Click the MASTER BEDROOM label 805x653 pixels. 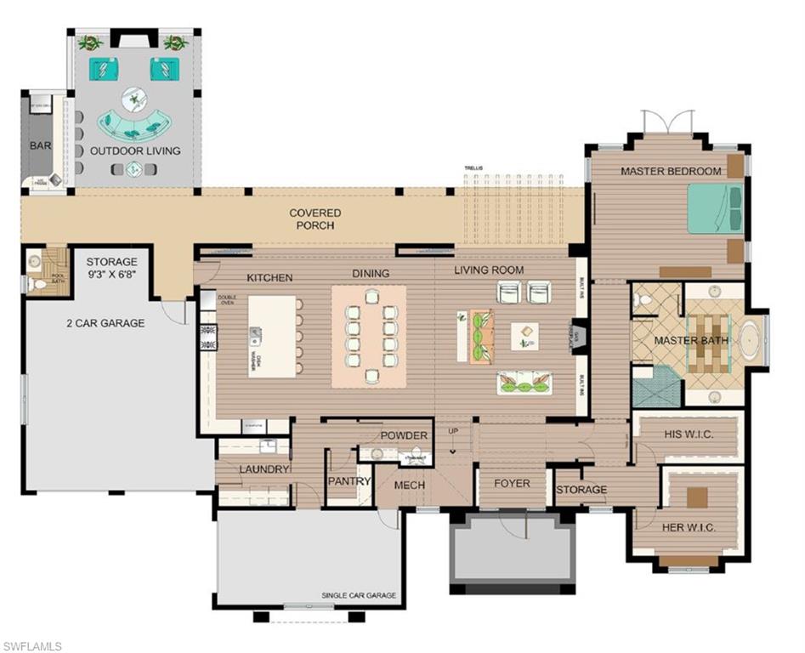pos(670,171)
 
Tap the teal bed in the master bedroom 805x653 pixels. pos(714,209)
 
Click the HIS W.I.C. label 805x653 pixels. pos(689,435)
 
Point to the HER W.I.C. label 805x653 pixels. pos(688,527)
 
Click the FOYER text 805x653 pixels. pos(512,483)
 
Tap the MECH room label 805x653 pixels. pos(410,485)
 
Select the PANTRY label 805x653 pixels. pos(349,481)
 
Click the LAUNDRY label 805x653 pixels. pos(265,468)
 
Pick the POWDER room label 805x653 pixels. pos(403,435)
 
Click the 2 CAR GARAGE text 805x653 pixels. pos(105,323)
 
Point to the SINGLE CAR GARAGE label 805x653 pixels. pos(358,595)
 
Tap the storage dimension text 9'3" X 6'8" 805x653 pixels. pos(111,275)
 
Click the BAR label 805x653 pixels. pos(40,145)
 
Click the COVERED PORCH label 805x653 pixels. pos(315,219)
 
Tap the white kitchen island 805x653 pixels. pos(272,336)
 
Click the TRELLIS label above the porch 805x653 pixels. pos(473,168)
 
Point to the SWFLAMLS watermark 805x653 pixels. pos(32,645)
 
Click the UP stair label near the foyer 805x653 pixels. pos(453,431)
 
